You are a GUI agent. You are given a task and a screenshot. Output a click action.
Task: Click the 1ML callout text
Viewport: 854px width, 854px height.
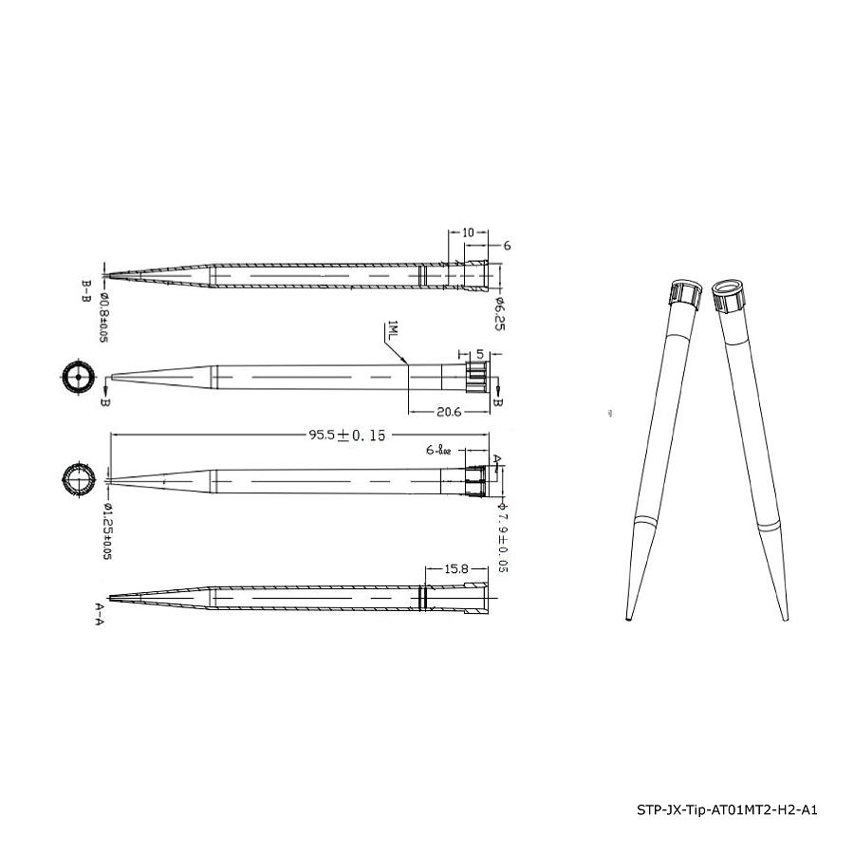[392, 333]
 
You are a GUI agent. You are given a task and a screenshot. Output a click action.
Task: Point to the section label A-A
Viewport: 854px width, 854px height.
[99, 617]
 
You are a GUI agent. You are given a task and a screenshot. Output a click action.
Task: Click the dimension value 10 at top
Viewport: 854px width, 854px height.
[468, 232]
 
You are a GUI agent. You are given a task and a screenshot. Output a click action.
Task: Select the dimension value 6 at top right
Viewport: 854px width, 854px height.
[507, 245]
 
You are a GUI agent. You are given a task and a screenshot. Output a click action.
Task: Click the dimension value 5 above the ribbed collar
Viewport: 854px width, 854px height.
[480, 354]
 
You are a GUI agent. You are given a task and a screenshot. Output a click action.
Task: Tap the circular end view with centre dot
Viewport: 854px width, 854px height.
[76, 377]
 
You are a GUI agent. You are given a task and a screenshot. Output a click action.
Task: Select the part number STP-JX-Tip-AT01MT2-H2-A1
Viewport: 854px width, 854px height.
[726, 809]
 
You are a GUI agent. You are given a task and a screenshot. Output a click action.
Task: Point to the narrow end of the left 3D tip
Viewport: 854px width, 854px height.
[627, 617]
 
